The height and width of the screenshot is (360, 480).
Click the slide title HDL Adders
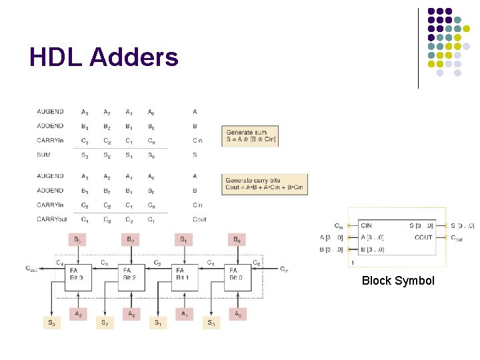104,57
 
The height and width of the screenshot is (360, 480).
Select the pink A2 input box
131,313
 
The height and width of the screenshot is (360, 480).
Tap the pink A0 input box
237,313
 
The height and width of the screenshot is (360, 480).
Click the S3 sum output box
51,323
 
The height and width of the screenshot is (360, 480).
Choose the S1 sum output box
157,323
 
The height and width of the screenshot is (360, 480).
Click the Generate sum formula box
250,136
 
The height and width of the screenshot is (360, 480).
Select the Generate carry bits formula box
264,184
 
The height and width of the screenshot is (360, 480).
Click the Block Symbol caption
397,281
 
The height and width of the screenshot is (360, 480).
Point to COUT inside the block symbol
423,237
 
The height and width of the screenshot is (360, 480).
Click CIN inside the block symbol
366,225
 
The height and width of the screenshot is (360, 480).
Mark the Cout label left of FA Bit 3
31,269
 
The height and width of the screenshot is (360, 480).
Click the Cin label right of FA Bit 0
284,269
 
